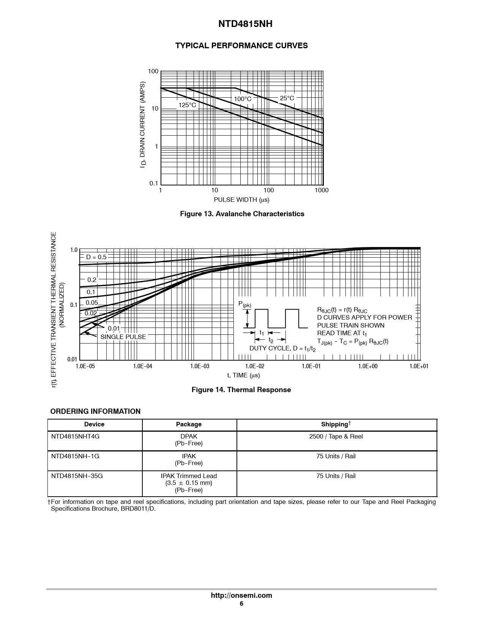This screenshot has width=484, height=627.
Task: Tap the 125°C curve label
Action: point(188,105)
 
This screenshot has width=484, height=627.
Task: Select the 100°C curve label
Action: point(243,99)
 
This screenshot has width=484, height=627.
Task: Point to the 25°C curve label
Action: point(287,98)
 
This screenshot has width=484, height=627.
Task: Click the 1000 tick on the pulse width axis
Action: point(322,190)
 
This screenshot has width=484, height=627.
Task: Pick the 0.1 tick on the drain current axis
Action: point(154,184)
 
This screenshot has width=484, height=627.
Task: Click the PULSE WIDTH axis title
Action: point(241,200)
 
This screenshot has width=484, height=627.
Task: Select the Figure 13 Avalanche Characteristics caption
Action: point(242,214)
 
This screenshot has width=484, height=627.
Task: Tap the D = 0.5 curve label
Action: point(96,257)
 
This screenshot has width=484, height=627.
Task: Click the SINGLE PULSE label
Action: point(123,337)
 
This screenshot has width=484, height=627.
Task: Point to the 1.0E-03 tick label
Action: point(200,366)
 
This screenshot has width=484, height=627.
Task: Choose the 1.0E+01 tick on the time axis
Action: point(419,366)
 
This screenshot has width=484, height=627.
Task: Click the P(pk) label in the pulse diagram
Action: point(244,304)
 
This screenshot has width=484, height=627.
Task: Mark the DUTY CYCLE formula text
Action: point(282,348)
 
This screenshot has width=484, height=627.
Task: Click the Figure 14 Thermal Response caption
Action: point(241,390)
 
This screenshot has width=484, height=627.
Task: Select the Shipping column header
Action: point(336,424)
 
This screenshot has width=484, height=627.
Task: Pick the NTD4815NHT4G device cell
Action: point(75,437)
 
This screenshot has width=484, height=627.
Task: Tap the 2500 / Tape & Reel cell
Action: point(336,437)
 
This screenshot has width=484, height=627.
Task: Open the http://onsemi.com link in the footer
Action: point(241,595)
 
